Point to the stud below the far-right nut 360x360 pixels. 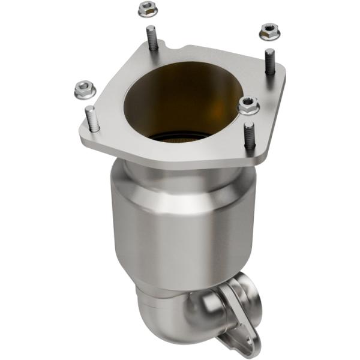click(270, 61)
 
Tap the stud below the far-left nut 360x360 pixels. click(92, 118)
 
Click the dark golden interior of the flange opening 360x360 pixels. click(180, 96)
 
